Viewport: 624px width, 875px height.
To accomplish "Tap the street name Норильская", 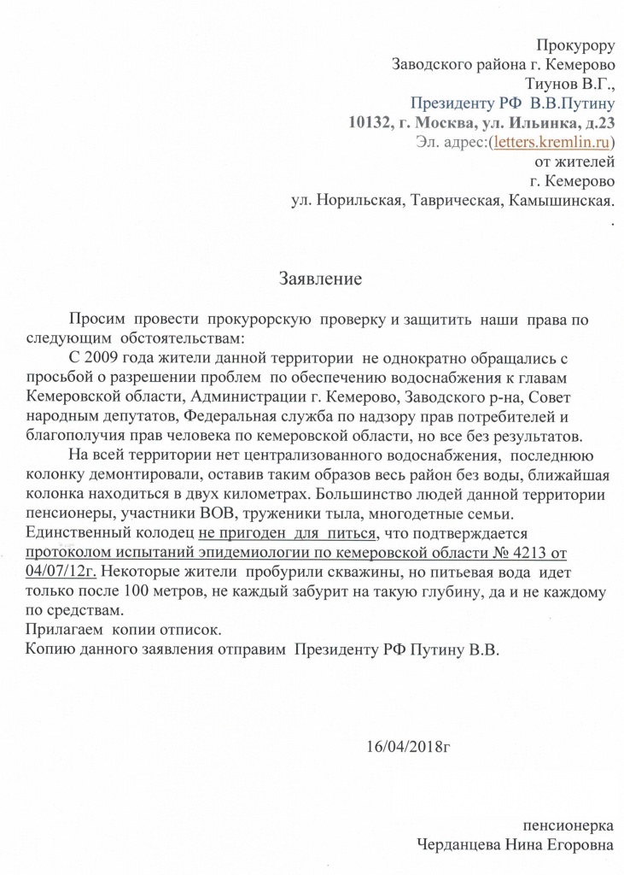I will click(358, 202).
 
